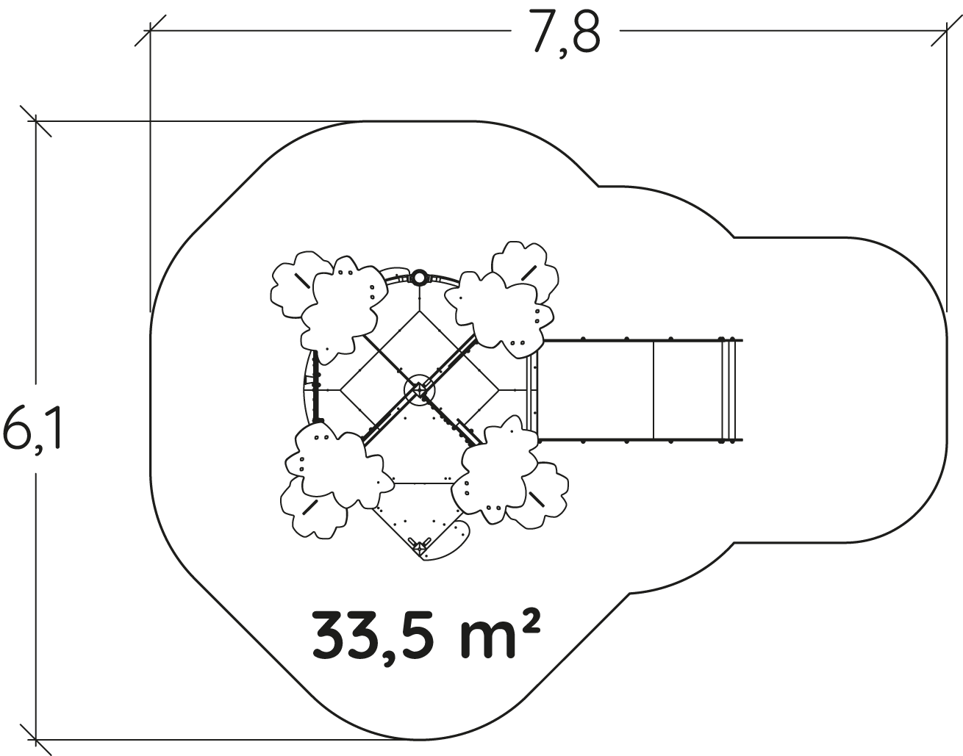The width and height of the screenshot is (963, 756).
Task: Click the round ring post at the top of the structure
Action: tap(419, 278)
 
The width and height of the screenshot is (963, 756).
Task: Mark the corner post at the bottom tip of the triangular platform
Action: tap(419, 548)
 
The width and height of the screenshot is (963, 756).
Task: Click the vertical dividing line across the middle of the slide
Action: tap(654, 391)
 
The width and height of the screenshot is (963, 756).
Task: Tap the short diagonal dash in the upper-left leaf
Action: tap(302, 281)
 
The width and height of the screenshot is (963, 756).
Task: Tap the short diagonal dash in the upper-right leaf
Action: tap(529, 273)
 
